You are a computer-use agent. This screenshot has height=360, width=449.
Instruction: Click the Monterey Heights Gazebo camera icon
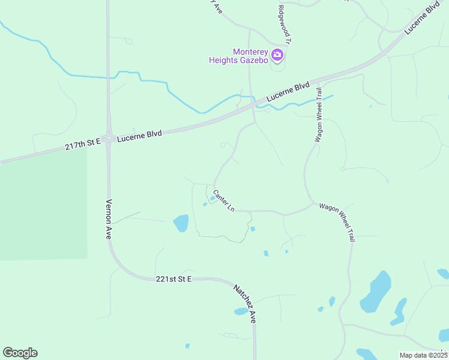point(277,55)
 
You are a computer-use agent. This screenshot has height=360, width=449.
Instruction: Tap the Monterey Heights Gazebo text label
point(239,56)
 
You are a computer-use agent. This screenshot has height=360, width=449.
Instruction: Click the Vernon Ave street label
point(109,219)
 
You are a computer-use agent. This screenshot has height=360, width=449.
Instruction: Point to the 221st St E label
point(173,279)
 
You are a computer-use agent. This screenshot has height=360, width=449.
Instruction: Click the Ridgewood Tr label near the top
point(285,25)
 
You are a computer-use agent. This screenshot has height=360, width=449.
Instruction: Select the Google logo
point(20,353)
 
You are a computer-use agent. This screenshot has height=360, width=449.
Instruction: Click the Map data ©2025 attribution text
point(423,355)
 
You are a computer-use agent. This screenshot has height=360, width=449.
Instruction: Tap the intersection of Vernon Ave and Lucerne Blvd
point(109,139)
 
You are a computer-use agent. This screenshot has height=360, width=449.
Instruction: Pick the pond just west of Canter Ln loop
point(181,223)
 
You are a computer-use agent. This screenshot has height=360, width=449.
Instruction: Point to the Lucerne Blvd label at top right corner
point(423,19)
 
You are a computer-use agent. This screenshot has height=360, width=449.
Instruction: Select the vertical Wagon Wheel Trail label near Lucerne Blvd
point(320,114)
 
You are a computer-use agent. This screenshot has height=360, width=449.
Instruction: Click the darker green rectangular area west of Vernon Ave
point(42,204)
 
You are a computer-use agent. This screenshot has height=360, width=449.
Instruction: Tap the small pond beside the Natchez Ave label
point(241,311)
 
